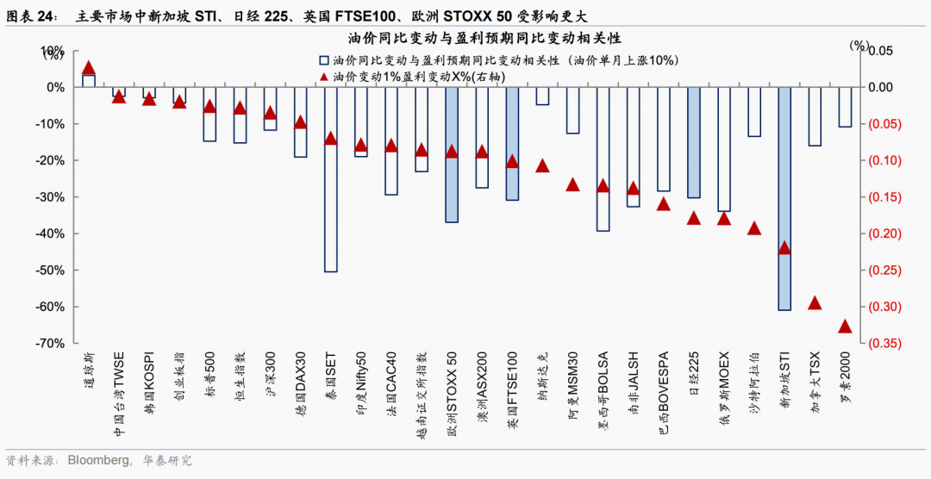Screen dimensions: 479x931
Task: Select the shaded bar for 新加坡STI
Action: point(784,198)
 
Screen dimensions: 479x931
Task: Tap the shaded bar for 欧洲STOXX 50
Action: point(452,155)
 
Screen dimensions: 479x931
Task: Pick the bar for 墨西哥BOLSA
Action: point(603,159)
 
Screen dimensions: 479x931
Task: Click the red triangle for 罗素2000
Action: point(845,327)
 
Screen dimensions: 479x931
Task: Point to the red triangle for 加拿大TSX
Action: point(815,303)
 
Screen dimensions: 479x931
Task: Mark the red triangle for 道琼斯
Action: point(88,68)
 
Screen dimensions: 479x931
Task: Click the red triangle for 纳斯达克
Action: point(542,165)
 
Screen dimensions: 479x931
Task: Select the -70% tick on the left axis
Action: point(49,344)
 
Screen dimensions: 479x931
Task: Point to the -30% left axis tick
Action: point(49,197)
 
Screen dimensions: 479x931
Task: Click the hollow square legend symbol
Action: point(324,60)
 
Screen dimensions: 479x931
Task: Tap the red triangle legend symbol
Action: point(324,77)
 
